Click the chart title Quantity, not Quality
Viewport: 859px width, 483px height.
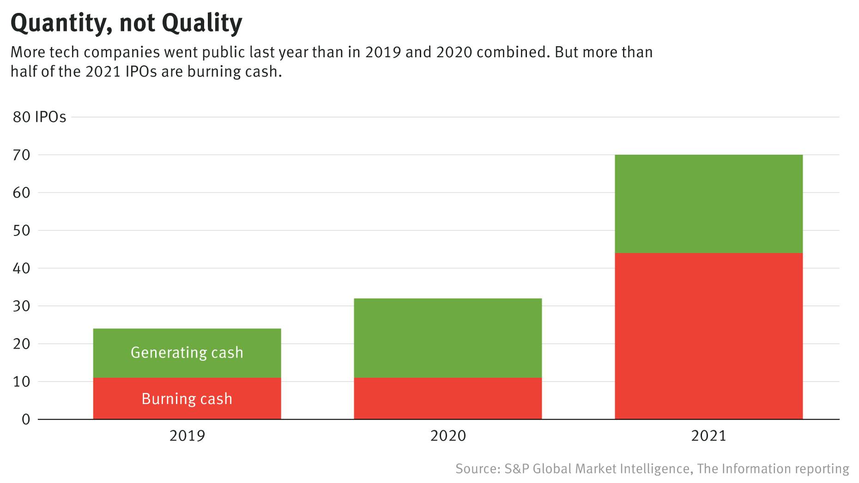(126, 23)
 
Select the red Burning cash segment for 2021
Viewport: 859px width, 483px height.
(708, 336)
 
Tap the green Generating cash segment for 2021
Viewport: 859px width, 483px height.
(708, 204)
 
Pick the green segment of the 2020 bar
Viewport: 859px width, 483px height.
(448, 338)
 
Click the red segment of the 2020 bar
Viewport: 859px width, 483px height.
(448, 398)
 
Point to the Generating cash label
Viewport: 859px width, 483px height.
(187, 353)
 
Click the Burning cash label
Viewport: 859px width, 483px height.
(187, 399)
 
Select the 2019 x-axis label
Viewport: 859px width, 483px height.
(187, 436)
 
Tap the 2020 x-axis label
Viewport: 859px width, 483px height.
(448, 436)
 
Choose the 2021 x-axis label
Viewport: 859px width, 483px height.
(708, 436)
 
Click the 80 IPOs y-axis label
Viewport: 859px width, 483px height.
(39, 117)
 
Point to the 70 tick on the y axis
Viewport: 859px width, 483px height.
(21, 155)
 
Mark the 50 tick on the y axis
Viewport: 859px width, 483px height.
(21, 230)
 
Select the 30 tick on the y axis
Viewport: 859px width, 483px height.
(21, 306)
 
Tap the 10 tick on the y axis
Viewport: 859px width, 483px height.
(21, 382)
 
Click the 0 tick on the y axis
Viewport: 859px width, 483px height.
(26, 420)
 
